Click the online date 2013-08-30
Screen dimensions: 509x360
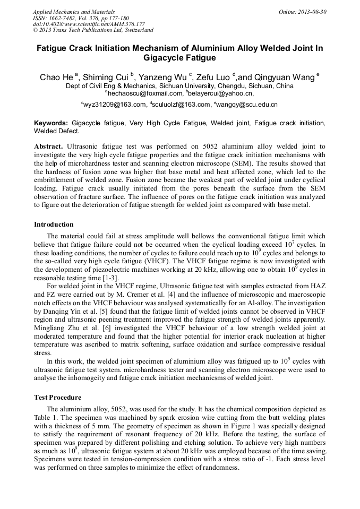coord(313,12)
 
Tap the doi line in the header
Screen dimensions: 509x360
coord(89,24)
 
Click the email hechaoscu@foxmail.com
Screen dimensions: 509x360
coord(138,93)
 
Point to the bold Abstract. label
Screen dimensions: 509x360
coord(50,145)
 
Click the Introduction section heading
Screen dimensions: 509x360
coord(54,225)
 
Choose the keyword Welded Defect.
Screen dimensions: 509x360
coord(56,131)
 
